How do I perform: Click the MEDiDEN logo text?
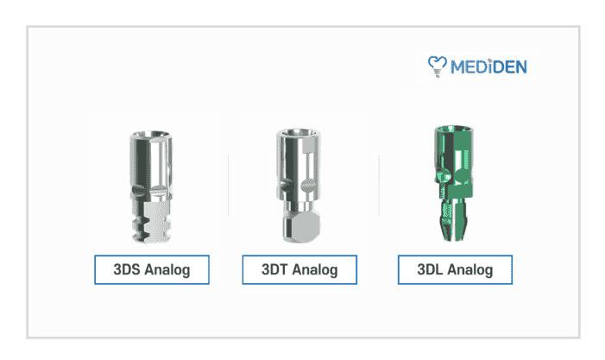point(488,67)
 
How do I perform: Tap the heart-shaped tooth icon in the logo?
point(438,66)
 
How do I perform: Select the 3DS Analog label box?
point(152,269)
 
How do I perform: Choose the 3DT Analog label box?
point(299,269)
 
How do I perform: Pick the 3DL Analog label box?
point(455,269)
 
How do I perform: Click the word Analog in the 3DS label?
point(167,269)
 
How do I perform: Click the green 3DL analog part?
point(452,183)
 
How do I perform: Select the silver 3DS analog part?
point(151,186)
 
